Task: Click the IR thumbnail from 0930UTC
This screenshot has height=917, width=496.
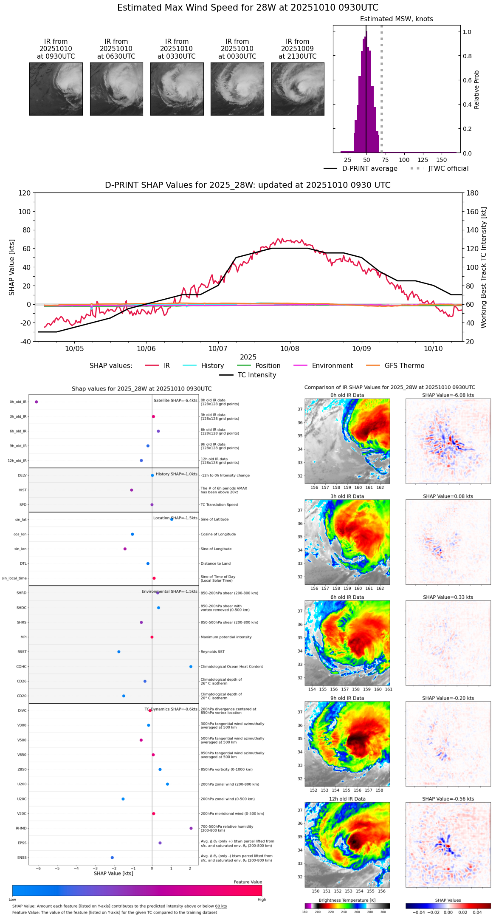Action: [x=56, y=89]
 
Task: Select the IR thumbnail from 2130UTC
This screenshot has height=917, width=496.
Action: [x=298, y=89]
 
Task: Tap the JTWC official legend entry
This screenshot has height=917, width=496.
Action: [x=448, y=169]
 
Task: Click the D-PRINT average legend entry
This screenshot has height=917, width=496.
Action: [x=369, y=169]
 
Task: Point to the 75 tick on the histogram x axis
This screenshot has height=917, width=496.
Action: [x=385, y=160]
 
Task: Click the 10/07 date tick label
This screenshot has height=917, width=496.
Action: [x=218, y=348]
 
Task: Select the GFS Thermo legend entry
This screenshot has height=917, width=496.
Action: [x=404, y=366]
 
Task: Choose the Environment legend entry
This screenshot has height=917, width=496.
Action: [x=332, y=366]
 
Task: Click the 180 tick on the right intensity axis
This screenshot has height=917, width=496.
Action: [x=472, y=193]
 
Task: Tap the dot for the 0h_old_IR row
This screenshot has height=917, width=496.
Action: [x=37, y=402]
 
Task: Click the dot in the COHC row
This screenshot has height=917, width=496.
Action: [x=191, y=666]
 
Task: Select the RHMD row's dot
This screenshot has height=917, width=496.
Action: [x=191, y=828]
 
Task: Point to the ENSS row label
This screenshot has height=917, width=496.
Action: [x=22, y=858]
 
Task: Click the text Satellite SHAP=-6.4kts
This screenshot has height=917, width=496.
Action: [x=175, y=400]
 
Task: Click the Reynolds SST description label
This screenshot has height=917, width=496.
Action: [x=212, y=651]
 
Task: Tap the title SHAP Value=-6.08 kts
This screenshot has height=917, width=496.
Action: [x=448, y=395]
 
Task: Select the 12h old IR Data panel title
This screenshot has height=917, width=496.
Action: [x=347, y=799]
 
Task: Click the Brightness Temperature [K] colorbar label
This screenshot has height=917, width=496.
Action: [x=347, y=900]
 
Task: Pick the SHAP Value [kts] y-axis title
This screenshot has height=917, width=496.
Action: [x=12, y=267]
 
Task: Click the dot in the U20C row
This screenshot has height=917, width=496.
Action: [x=123, y=799]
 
